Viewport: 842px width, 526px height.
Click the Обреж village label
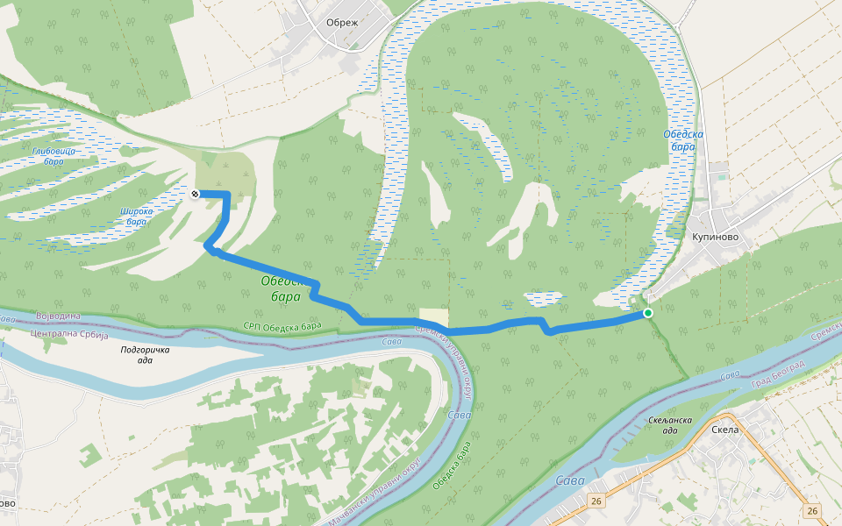(342, 23)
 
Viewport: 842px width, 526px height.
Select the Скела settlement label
(725, 430)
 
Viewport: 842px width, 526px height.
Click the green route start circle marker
(648, 313)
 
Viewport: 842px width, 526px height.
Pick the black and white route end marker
(195, 193)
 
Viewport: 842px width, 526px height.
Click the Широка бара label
(136, 216)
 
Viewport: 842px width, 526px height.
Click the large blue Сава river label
(570, 480)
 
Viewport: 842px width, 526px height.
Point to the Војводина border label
(58, 316)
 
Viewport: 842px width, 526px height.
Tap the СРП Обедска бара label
(282, 326)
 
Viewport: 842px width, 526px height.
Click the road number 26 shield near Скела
(596, 501)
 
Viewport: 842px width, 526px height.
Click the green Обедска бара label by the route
(282, 288)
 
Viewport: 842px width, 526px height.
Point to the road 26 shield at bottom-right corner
(813, 510)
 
